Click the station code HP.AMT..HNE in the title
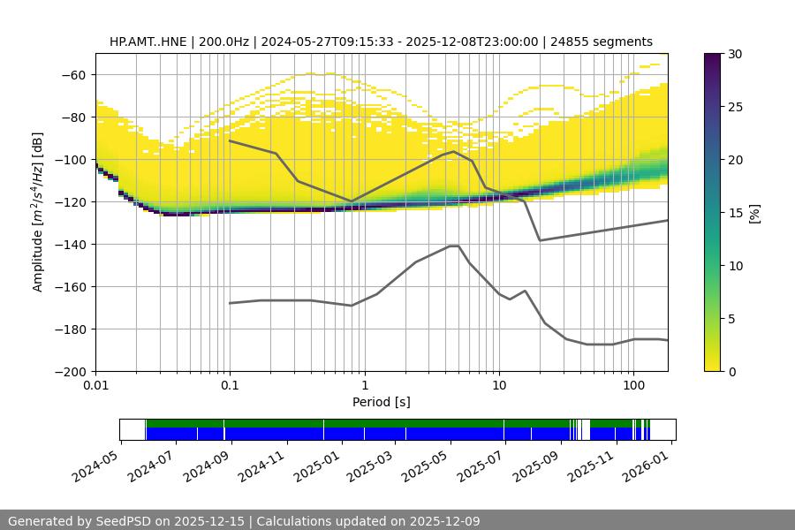tap(148, 42)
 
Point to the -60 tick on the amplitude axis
tap(74, 75)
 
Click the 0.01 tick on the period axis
tap(95, 386)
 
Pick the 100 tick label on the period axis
tap(633, 386)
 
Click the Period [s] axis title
tap(382, 403)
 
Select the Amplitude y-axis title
tap(38, 212)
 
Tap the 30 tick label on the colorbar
tap(734, 54)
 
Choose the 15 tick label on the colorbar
tap(734, 213)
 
